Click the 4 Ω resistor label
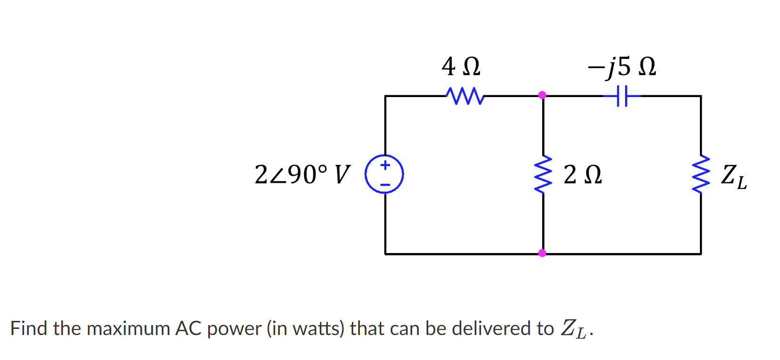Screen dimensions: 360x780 pos(461,66)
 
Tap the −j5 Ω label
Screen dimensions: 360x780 pos(621,66)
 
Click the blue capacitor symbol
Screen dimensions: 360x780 pos(622,96)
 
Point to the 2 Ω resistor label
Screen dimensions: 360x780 pos(583,175)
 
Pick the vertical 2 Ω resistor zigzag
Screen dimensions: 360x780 pos(543,174)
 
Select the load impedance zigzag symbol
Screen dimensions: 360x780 pos(701,174)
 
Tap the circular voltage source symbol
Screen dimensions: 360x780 pos(384,174)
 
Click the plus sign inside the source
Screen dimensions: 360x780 pos(385,165)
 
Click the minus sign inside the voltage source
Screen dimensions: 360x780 pos(385,185)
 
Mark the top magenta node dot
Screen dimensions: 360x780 pos(542,95)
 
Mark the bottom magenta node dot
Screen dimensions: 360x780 pos(542,253)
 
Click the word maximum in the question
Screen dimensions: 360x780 pos(129,328)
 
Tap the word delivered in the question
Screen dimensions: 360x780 pos(492,328)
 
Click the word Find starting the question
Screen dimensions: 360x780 pos(29,328)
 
